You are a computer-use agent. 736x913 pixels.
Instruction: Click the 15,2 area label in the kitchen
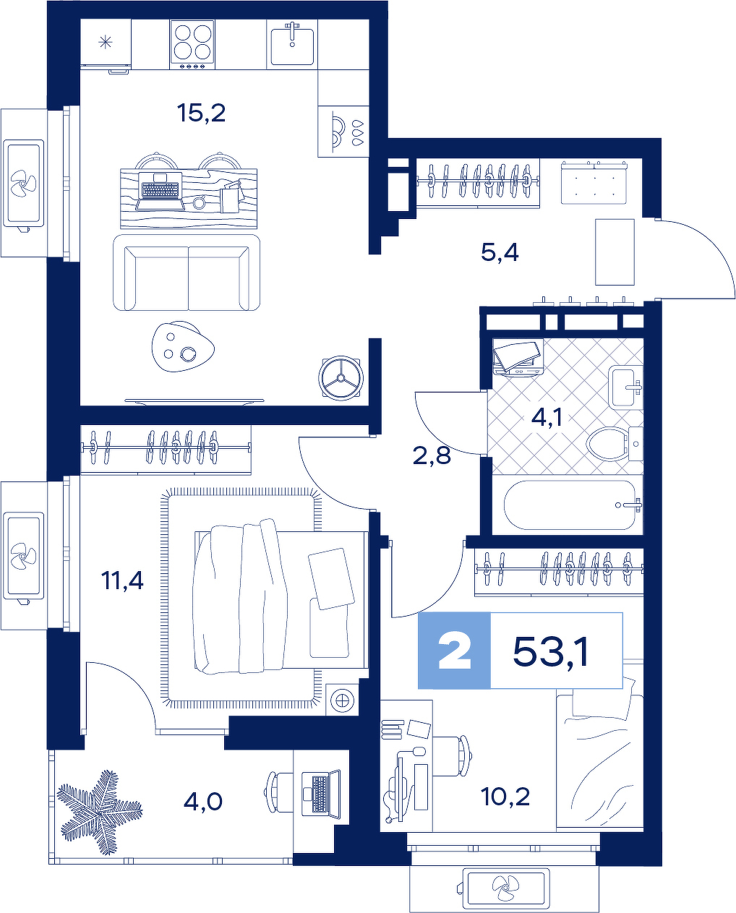pyautogui.click(x=202, y=113)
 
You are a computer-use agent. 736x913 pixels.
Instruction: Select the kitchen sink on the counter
pyautogui.click(x=292, y=44)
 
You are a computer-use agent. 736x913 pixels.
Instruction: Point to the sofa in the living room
pyautogui.click(x=187, y=273)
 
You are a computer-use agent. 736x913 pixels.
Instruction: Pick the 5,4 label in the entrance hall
pyautogui.click(x=500, y=253)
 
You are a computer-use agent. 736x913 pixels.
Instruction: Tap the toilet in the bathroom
pyautogui.click(x=615, y=444)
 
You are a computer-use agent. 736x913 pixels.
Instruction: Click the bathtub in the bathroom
pyautogui.click(x=573, y=505)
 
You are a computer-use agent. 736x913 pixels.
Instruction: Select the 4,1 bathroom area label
pyautogui.click(x=547, y=418)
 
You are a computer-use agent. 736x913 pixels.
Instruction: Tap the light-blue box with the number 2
pyautogui.click(x=454, y=651)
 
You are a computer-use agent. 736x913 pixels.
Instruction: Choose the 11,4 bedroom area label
pyautogui.click(x=122, y=580)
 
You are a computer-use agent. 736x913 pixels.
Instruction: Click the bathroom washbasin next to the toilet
pyautogui.click(x=625, y=387)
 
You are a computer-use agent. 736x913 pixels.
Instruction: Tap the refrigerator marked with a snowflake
pyautogui.click(x=106, y=44)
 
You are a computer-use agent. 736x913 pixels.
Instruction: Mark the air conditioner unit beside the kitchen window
pyautogui.click(x=24, y=183)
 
